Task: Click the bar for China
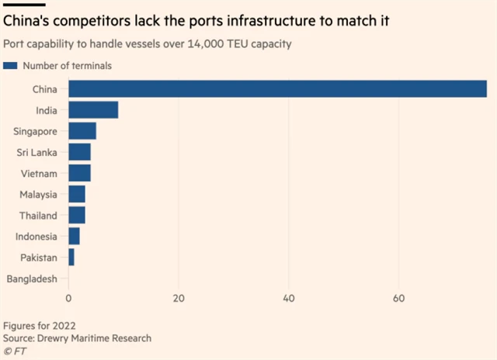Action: pyautogui.click(x=277, y=88)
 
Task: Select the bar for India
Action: pyautogui.click(x=93, y=110)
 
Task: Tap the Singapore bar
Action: pyautogui.click(x=82, y=131)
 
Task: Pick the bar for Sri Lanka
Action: pyautogui.click(x=79, y=152)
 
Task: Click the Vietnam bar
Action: pyautogui.click(x=79, y=173)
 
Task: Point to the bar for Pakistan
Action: pyautogui.click(x=71, y=257)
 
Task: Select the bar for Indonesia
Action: pyautogui.click(x=74, y=236)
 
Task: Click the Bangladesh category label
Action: pyautogui.click(x=32, y=279)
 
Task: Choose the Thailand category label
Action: pyautogui.click(x=38, y=215)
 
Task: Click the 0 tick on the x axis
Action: pyautogui.click(x=69, y=299)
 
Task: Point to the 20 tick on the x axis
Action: pyautogui.click(x=179, y=299)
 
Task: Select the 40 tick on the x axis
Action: pyautogui.click(x=289, y=299)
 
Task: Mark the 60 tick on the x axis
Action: pyautogui.click(x=399, y=299)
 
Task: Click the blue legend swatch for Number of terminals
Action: pyautogui.click(x=11, y=66)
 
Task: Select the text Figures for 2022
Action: pyautogui.click(x=40, y=326)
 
